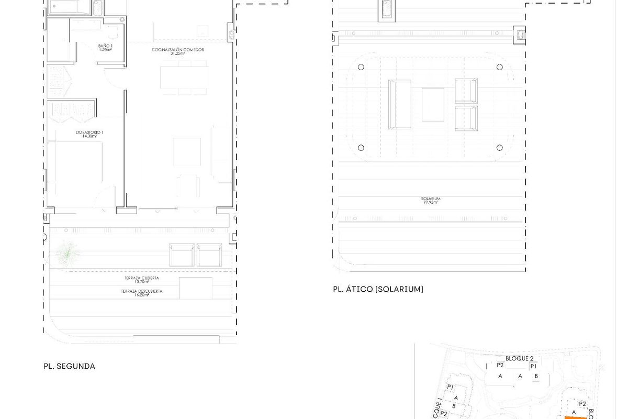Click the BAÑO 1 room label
105,46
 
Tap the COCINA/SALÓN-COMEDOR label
177,50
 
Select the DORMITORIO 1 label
89,133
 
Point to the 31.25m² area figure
177,53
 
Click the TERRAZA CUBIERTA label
141,278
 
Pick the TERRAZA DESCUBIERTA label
141,291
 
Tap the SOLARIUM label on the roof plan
430,199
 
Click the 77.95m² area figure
430,202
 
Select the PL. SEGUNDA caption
69,367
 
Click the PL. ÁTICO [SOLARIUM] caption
378,289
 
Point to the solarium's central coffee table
433,104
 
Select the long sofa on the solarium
399,104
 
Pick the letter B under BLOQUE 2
536,376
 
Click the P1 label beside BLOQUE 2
533,367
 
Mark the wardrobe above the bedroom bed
71,109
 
